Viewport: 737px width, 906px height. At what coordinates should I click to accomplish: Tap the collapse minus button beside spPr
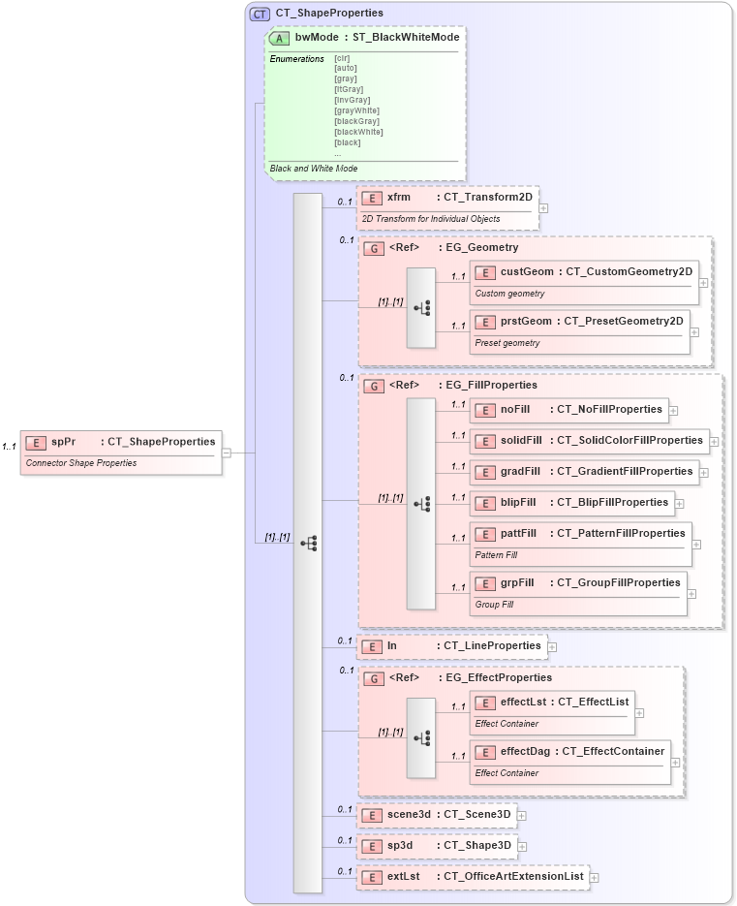pyautogui.click(x=226, y=452)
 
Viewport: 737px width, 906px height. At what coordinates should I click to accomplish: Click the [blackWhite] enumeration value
pyautogui.click(x=358, y=132)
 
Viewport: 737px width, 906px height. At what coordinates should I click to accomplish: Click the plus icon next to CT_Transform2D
pyautogui.click(x=544, y=207)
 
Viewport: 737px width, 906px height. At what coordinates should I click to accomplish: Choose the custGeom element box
pyautogui.click(x=583, y=272)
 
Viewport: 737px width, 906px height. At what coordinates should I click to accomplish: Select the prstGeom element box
pyautogui.click(x=578, y=321)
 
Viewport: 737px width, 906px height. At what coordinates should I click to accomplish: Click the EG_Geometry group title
pyautogui.click(x=481, y=248)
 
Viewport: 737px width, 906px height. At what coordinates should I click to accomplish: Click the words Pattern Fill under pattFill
pyautogui.click(x=496, y=556)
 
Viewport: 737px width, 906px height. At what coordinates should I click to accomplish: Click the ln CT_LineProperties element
pyautogui.click(x=451, y=646)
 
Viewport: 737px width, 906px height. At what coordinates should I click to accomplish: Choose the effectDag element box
pyautogui.click(x=569, y=751)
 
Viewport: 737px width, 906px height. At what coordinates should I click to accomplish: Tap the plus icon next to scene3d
pyautogui.click(x=522, y=815)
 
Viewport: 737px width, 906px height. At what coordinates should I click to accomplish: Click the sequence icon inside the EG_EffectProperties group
pyautogui.click(x=421, y=738)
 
